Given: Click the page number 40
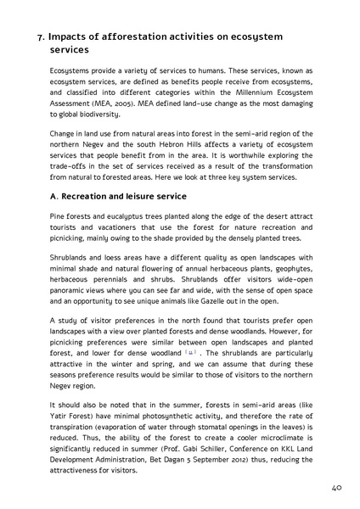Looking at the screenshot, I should [336, 489].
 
